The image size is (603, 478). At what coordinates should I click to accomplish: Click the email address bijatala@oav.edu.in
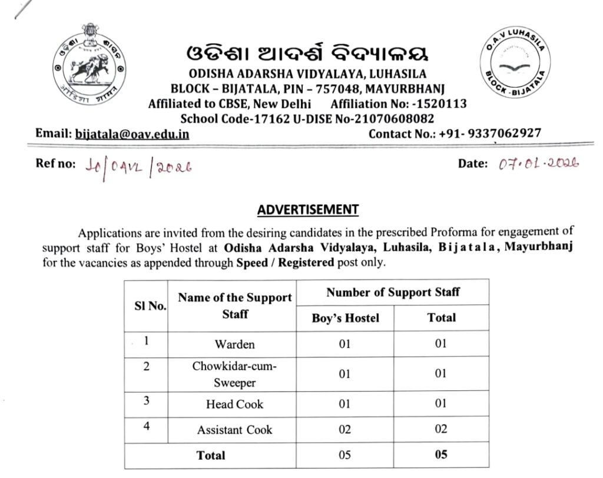pos(132,134)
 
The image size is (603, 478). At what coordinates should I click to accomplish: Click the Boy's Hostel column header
pos(345,318)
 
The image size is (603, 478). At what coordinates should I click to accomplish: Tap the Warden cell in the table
pos(234,344)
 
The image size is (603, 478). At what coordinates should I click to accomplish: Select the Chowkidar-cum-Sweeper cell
pos(234,374)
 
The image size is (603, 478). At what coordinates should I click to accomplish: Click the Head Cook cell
pos(234,404)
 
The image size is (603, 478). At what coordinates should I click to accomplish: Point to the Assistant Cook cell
pos(234,430)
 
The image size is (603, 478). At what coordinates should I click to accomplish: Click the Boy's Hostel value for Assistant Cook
pos(345,430)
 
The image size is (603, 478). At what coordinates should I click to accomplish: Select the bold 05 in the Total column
pos(441,454)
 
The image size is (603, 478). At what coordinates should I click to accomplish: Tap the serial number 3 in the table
pos(146,401)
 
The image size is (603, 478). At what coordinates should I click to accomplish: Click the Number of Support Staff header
pos(393,292)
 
